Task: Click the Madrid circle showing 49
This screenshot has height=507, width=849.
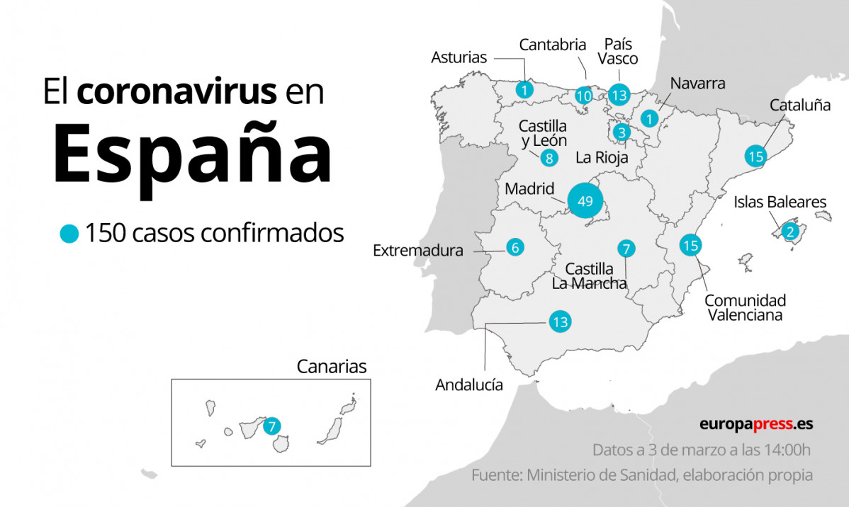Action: tap(585, 201)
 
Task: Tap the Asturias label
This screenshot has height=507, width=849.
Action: tap(459, 57)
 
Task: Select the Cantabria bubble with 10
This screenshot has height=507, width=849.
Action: tap(584, 96)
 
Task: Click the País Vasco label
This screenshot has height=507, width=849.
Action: tap(618, 51)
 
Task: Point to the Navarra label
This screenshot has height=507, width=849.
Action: tap(697, 83)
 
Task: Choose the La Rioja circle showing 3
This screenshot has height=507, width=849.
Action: tap(622, 132)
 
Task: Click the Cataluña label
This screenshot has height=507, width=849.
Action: tap(800, 106)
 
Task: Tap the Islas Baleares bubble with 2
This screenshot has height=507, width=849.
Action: tap(789, 230)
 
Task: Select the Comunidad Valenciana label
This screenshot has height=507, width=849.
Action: tap(745, 307)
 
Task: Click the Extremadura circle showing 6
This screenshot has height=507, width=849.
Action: tap(516, 247)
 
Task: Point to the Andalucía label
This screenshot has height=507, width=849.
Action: tap(469, 385)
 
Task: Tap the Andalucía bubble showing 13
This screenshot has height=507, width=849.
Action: tap(560, 322)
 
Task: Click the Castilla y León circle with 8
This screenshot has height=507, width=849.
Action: tap(549, 158)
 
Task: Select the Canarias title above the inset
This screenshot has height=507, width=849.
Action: tap(332, 366)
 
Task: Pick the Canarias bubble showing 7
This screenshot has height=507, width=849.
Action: tap(271, 426)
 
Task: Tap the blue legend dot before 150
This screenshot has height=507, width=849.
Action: tap(69, 234)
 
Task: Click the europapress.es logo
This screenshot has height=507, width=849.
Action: tap(756, 424)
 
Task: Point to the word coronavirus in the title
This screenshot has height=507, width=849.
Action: tap(177, 93)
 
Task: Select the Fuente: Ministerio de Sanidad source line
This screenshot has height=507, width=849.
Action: tap(642, 475)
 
